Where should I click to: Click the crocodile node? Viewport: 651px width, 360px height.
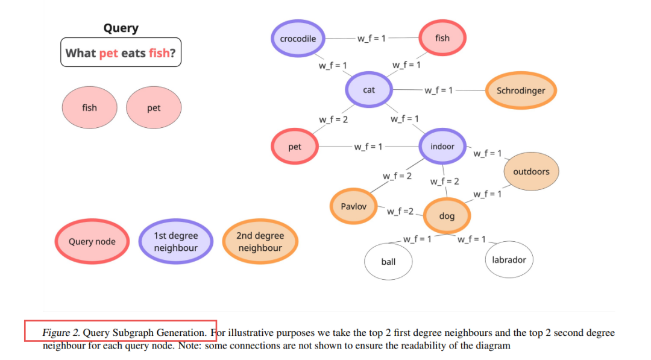pyautogui.click(x=298, y=39)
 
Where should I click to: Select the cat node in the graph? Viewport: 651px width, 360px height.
pyautogui.click(x=369, y=90)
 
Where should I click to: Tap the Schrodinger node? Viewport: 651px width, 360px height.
pyautogui.click(x=520, y=91)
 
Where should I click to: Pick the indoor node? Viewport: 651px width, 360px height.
pyautogui.click(x=442, y=147)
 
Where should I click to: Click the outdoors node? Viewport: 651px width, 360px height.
pyautogui.click(x=531, y=172)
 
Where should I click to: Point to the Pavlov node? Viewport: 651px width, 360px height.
pyautogui.click(x=353, y=206)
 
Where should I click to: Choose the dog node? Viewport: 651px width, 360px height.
pyautogui.click(x=447, y=216)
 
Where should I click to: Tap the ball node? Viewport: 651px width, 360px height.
pyautogui.click(x=388, y=262)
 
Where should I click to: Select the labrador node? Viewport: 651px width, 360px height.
pyautogui.click(x=509, y=260)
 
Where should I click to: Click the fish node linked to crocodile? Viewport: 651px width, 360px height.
pyautogui.click(x=442, y=38)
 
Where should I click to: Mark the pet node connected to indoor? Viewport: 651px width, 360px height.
pyautogui.click(x=295, y=147)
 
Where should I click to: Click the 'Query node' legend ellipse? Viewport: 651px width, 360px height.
pyautogui.click(x=92, y=242)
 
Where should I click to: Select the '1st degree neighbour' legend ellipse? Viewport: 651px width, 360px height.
pyautogui.click(x=175, y=242)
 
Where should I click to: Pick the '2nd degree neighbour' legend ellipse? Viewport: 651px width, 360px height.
pyautogui.click(x=260, y=242)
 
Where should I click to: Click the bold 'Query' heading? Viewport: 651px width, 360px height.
pyautogui.click(x=121, y=28)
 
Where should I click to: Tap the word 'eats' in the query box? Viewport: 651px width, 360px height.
pyautogui.click(x=133, y=53)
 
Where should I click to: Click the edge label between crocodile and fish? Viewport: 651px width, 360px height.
pyautogui.click(x=372, y=38)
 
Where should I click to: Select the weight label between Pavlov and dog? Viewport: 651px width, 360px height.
pyautogui.click(x=400, y=211)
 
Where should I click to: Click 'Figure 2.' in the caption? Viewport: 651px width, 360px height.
pyautogui.click(x=61, y=332)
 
